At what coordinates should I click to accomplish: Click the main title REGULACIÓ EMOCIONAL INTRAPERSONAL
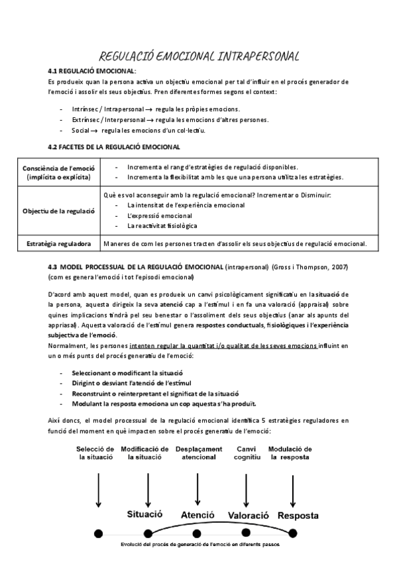tap(198, 56)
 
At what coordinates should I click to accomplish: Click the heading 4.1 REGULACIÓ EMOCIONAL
tap(92, 70)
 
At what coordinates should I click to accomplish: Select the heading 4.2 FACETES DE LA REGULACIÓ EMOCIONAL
tap(114, 146)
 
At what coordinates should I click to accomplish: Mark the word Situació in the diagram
tap(145, 514)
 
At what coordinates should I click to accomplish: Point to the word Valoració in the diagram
tap(248, 516)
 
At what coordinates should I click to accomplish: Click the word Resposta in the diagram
tap(298, 516)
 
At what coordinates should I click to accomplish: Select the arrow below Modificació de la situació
tap(147, 490)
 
